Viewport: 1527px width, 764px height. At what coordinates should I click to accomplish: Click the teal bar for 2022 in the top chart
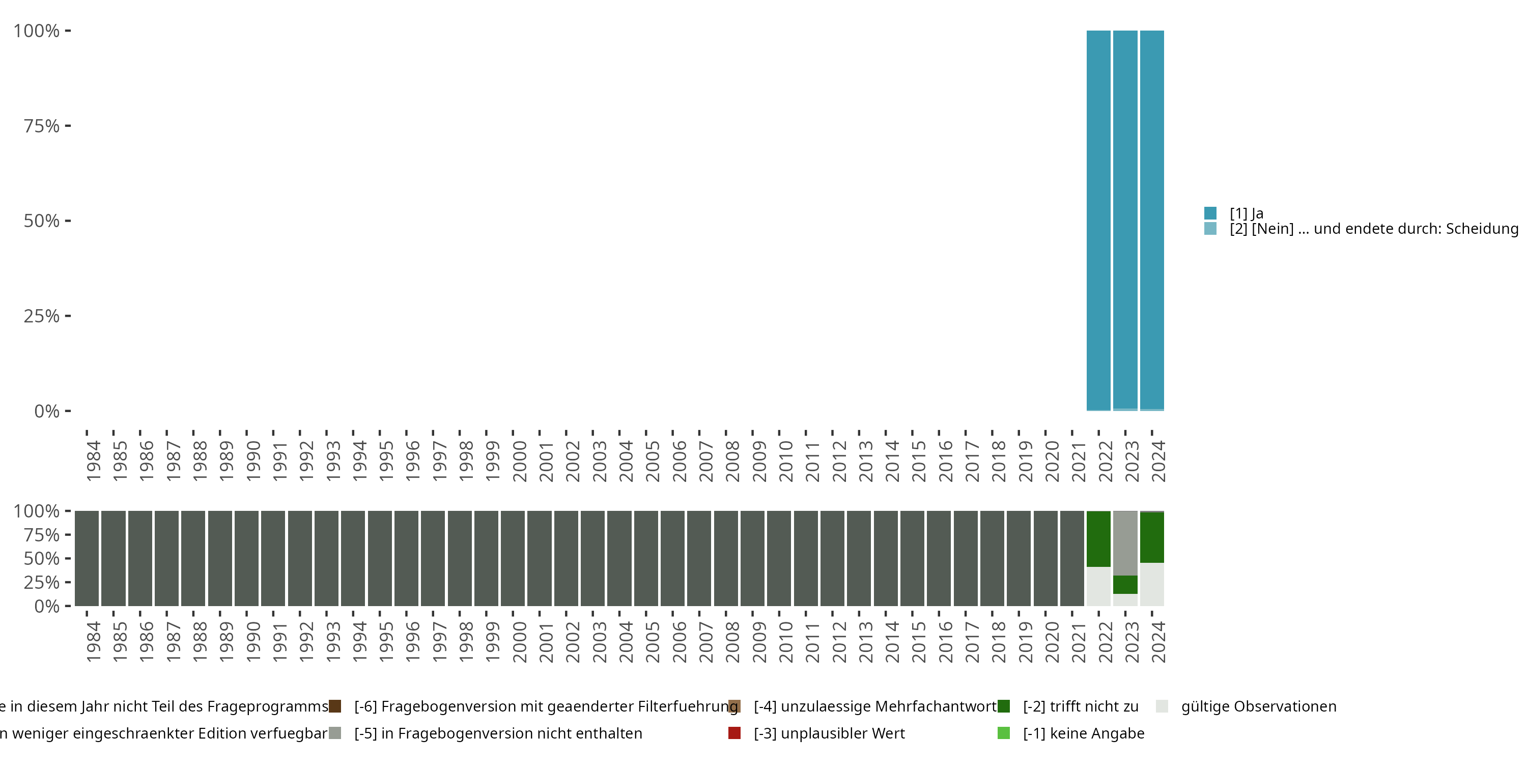[1098, 220]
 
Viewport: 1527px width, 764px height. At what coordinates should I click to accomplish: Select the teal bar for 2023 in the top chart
[1124, 220]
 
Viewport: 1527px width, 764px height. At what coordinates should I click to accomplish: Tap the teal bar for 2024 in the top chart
[1152, 220]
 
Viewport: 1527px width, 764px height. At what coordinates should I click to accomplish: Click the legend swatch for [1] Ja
[1210, 213]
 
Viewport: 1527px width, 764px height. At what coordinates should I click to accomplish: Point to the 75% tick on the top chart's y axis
[42, 126]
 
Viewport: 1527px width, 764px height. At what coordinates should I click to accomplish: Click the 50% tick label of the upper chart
[42, 221]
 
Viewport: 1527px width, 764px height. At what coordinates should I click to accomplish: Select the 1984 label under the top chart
[93, 461]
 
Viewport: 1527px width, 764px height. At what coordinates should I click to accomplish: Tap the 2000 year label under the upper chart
[519, 461]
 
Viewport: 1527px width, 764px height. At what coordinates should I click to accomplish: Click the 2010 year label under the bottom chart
[785, 642]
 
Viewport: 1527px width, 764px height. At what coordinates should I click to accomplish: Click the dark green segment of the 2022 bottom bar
[1098, 538]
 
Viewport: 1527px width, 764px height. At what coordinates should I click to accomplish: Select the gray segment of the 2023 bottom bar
[1124, 543]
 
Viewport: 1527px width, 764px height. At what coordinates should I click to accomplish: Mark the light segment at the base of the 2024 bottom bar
[1152, 584]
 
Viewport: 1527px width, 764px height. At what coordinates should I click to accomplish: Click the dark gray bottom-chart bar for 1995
[379, 558]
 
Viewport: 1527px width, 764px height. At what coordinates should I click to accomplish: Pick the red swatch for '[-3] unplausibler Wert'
[734, 733]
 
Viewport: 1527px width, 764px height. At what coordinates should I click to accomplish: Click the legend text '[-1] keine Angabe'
[1083, 733]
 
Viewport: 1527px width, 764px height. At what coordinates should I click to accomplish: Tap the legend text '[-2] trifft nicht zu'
[1080, 706]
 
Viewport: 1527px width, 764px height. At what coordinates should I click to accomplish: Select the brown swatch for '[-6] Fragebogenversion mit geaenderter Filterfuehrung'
[335, 706]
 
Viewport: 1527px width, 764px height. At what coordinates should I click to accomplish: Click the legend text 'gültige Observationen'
[1258, 706]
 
